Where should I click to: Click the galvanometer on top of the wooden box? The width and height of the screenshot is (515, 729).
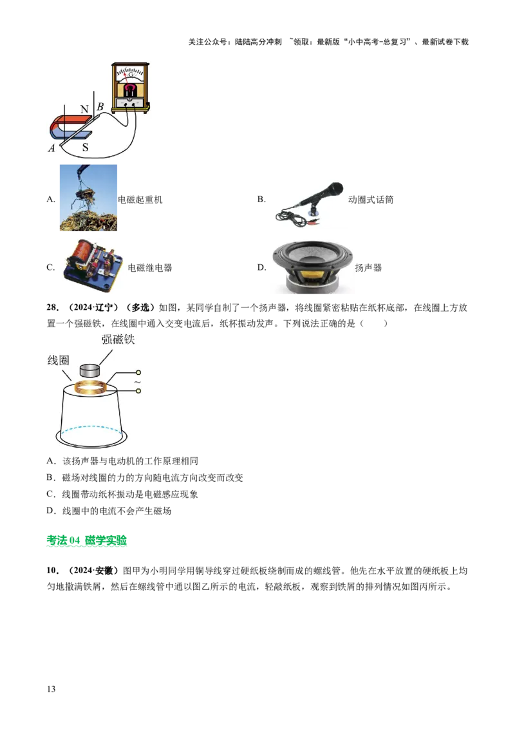[131, 88]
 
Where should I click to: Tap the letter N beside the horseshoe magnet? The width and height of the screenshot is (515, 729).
[84, 109]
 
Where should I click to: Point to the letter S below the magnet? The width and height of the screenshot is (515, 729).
[85, 147]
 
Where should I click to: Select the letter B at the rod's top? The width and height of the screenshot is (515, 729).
[100, 106]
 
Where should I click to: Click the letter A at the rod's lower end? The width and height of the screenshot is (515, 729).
[51, 148]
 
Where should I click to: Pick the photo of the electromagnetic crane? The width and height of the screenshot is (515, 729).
[88, 198]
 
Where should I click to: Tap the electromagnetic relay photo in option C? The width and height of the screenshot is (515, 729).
[93, 266]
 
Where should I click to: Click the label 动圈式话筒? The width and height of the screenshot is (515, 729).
[370, 200]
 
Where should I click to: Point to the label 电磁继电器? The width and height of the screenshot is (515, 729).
[149, 267]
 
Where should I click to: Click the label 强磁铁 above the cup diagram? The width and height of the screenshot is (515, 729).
[118, 339]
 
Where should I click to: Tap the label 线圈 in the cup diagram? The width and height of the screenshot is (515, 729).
[58, 360]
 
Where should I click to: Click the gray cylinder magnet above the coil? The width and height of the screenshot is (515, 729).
[90, 370]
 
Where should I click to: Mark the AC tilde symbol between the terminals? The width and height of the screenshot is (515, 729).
[137, 382]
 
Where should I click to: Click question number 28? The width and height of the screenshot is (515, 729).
[53, 307]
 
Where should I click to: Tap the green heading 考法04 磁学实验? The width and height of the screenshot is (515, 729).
[86, 540]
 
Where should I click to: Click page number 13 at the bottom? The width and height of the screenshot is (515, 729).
[51, 689]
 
